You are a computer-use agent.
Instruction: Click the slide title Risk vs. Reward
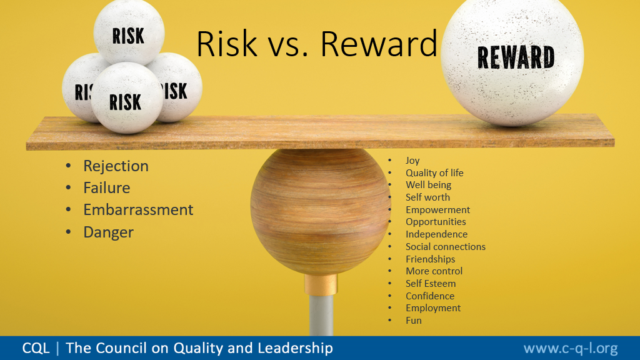click(x=317, y=44)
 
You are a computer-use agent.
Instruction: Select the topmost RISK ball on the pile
click(x=129, y=32)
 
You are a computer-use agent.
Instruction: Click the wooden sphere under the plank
click(x=321, y=211)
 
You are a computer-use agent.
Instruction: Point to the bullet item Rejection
click(x=116, y=166)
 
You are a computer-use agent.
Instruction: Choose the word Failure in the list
click(x=106, y=187)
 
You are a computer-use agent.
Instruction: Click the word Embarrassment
click(x=138, y=210)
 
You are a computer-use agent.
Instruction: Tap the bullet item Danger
click(x=109, y=232)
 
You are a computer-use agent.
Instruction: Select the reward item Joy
click(x=412, y=161)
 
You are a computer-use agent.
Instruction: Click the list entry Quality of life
click(x=434, y=172)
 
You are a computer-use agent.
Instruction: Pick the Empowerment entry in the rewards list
click(x=437, y=210)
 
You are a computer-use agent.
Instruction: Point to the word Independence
click(x=436, y=234)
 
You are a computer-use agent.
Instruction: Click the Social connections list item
click(x=445, y=246)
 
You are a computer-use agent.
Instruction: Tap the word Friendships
click(x=430, y=259)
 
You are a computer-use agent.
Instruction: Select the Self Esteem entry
click(x=431, y=284)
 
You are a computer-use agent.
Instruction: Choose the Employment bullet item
click(x=433, y=308)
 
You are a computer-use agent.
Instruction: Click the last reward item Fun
click(x=414, y=321)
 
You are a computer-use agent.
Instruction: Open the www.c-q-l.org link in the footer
click(x=571, y=349)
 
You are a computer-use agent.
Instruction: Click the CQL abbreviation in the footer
click(x=36, y=348)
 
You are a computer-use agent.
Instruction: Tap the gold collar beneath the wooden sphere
click(x=321, y=284)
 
